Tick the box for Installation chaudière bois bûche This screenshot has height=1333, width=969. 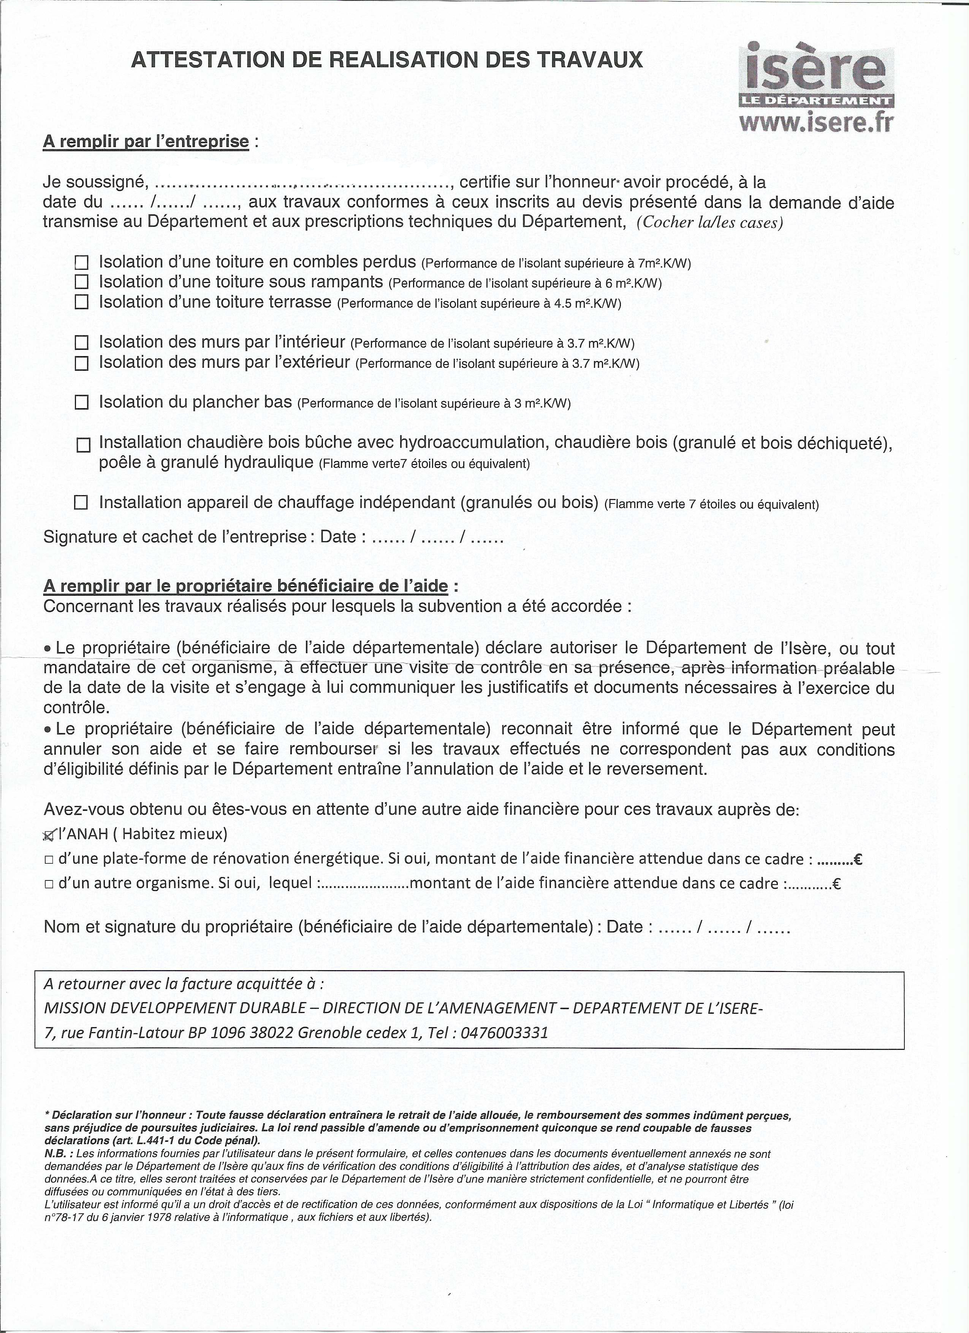pos(84,445)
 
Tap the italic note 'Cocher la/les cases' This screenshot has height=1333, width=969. pos(710,223)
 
